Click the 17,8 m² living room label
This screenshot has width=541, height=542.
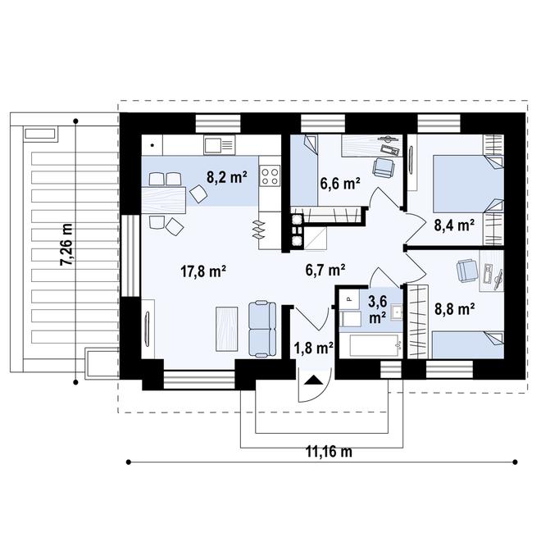[x=203, y=271]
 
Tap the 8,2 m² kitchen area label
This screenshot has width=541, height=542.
[x=227, y=177]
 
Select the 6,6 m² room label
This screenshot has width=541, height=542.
[x=340, y=184]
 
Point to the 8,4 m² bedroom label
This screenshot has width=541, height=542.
[x=454, y=225]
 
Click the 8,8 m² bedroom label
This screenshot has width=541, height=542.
[x=454, y=309]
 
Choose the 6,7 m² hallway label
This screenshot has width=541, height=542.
[x=325, y=270]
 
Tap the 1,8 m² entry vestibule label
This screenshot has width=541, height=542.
[x=313, y=348]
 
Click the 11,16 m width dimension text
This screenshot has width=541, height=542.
[x=329, y=452]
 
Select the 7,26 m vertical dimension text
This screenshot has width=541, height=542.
[x=66, y=245]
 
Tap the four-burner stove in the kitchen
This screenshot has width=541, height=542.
[x=270, y=176]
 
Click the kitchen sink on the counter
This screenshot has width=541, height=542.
[x=220, y=145]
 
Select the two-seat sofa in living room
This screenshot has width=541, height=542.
[x=262, y=329]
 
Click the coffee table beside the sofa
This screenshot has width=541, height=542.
[x=227, y=329]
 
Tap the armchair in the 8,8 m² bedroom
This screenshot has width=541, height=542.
[x=467, y=271]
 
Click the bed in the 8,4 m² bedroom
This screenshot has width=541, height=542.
[x=468, y=184]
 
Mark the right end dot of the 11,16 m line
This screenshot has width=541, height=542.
[x=515, y=462]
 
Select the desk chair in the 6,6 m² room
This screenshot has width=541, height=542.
[x=384, y=166]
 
